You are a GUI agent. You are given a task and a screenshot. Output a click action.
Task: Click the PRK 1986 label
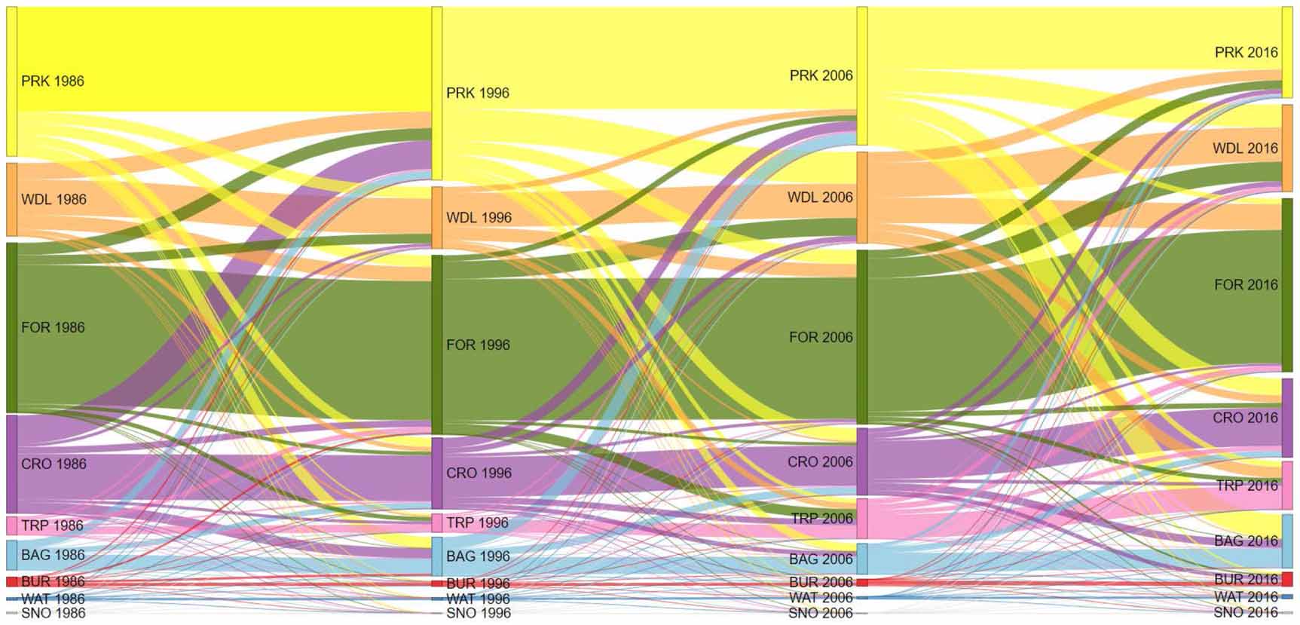pos(53,81)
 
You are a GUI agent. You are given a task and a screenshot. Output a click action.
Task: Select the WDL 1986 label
pos(54,200)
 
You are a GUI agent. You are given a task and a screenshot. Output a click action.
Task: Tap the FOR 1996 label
pos(478,345)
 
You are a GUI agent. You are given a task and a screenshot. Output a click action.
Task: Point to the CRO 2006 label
pos(820,462)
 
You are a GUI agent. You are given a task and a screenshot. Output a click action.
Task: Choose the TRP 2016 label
pos(1247,486)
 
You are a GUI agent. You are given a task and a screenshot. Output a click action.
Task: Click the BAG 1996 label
pos(478,556)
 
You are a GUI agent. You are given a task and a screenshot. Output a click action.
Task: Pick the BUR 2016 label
pos(1246,580)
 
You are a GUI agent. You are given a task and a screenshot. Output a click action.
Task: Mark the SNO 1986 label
pos(53,614)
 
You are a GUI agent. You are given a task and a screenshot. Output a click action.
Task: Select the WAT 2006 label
pos(821,598)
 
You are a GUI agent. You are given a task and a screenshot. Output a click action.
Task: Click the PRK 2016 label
pos(1246,53)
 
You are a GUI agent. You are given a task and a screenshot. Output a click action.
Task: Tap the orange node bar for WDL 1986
pos(11,200)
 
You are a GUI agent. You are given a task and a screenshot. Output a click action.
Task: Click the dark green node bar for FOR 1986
pos(11,327)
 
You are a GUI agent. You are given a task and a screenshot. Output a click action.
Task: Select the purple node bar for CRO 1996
pos(437,473)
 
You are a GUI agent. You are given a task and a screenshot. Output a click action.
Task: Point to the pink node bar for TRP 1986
pos(11,525)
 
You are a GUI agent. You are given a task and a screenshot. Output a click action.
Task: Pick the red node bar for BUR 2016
pos(1287,579)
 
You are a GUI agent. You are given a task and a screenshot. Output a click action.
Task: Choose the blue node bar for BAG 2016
pos(1287,541)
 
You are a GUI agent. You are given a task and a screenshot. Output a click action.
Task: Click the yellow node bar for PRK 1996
pos(437,93)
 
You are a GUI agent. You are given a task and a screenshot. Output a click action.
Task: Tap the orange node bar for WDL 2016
pos(1287,148)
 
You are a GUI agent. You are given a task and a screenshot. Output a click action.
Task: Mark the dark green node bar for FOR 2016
pos(1287,285)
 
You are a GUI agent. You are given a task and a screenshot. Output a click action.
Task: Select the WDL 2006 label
pos(820,198)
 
